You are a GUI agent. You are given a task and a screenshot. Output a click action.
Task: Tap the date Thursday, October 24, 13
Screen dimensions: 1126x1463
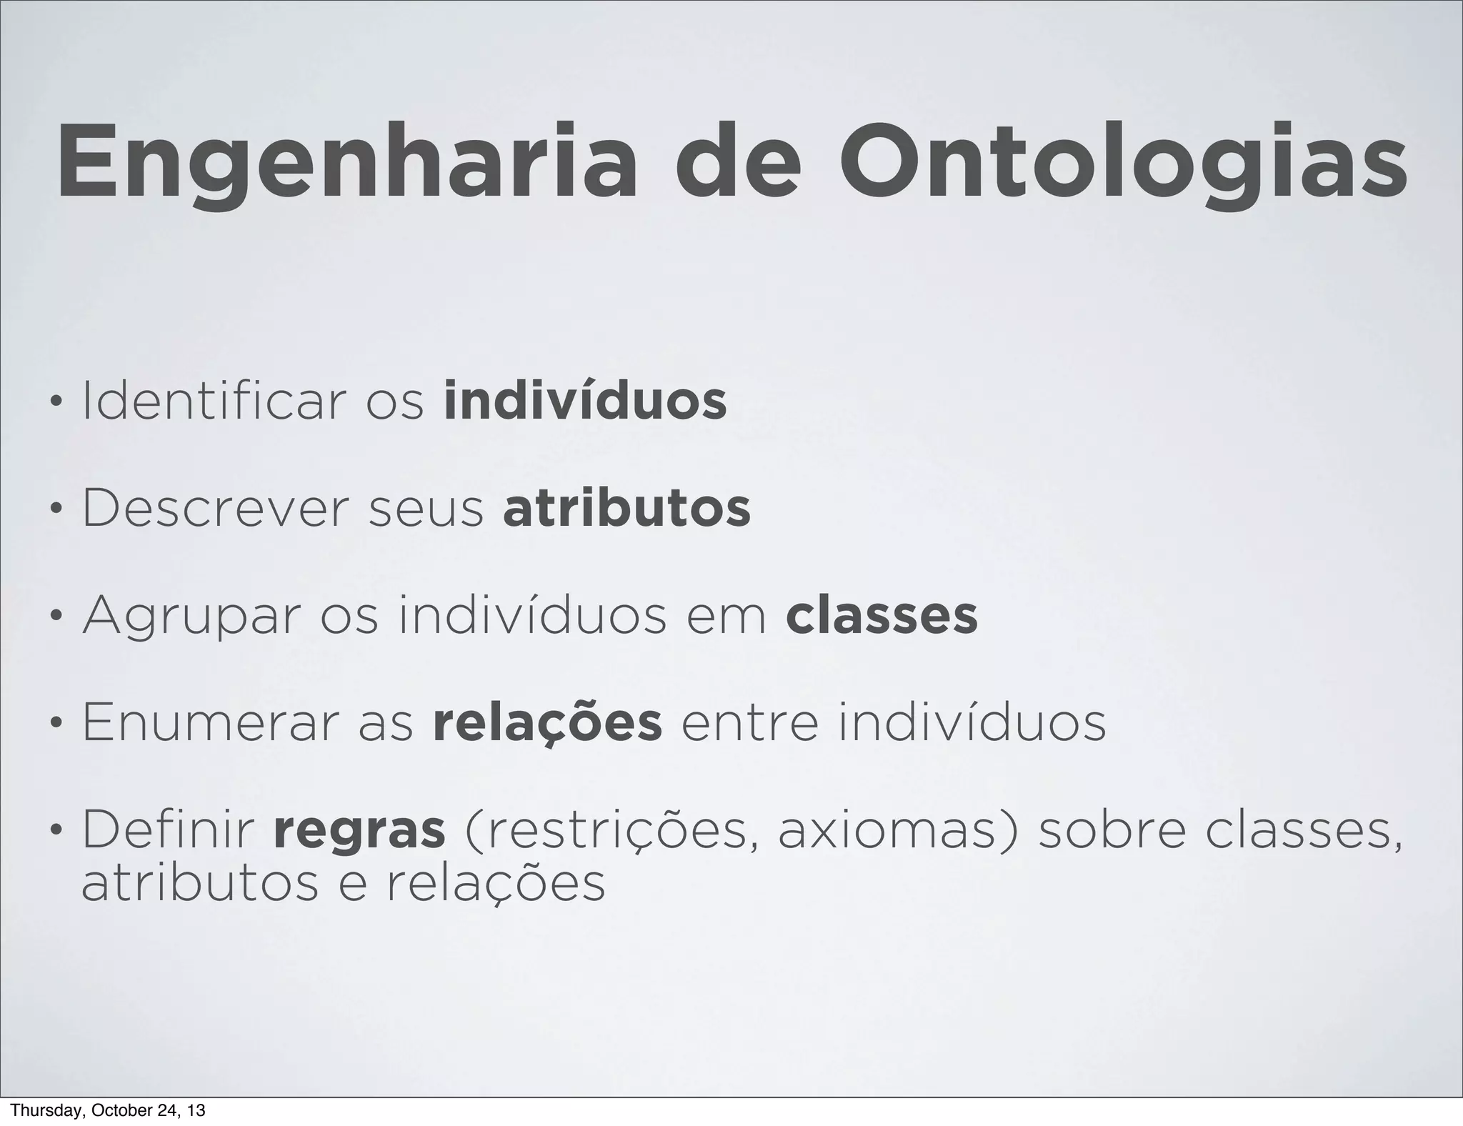point(109,1110)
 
